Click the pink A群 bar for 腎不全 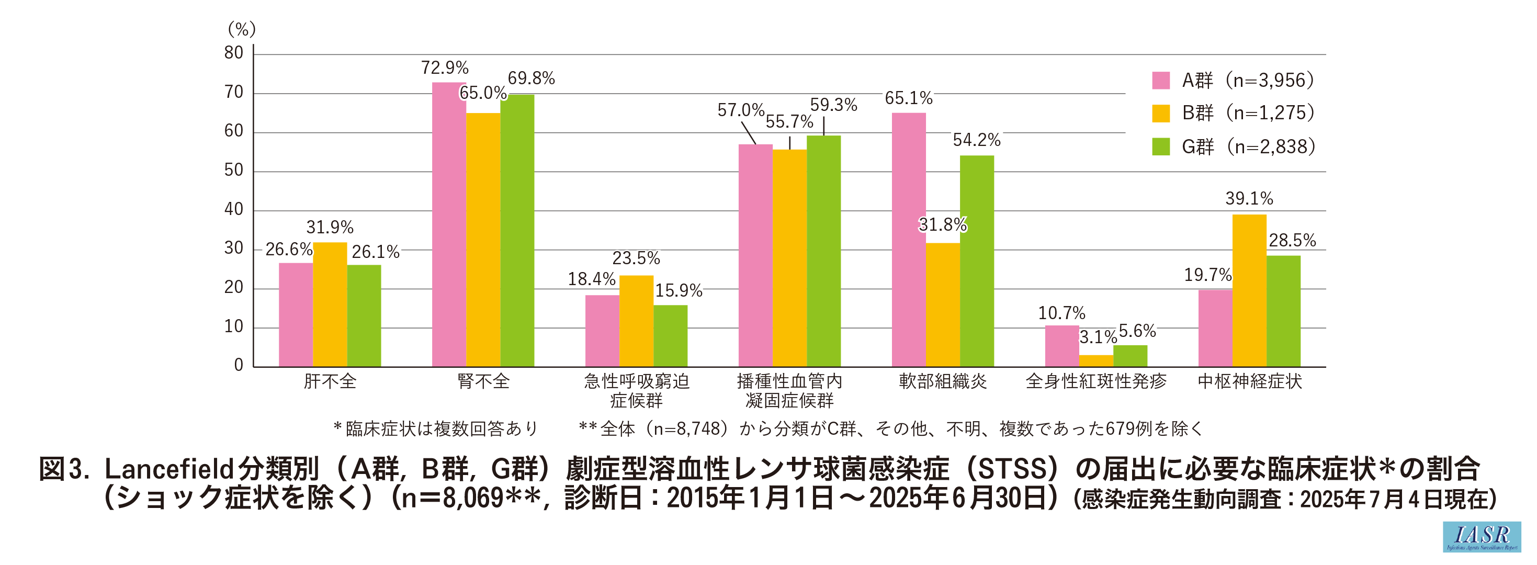449,224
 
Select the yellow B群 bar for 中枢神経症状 1249,290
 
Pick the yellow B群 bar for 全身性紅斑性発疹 1096,361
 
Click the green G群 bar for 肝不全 364,315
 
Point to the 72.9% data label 445,68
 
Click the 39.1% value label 1249,199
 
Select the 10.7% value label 1061,313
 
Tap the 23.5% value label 636,258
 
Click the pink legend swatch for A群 1160,81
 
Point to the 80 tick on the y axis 234,53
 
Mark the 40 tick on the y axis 234,209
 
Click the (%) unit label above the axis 242,29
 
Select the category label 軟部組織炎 943,381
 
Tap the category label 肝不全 330,381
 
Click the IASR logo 1482,536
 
